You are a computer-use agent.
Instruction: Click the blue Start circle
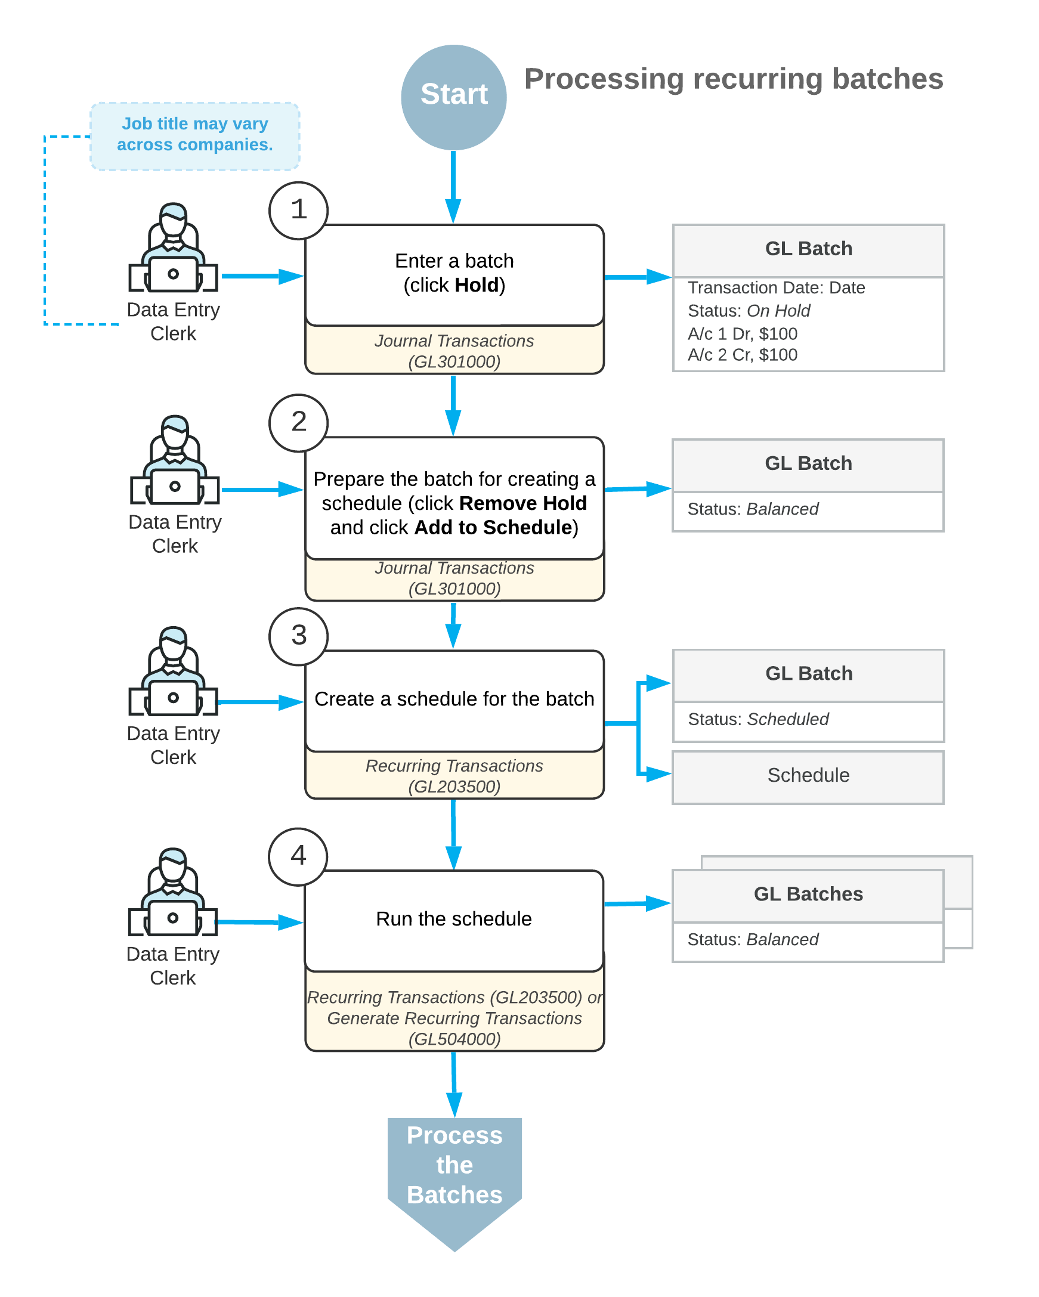(x=454, y=97)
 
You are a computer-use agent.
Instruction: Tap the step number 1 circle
(x=298, y=211)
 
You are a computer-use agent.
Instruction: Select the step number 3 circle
(x=298, y=636)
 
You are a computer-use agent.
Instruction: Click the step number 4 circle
(x=298, y=857)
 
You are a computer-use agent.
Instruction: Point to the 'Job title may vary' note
(x=195, y=136)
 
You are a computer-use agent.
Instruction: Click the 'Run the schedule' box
(x=454, y=920)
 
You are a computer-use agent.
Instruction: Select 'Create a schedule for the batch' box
(x=454, y=701)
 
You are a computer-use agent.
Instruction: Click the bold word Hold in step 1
(x=477, y=284)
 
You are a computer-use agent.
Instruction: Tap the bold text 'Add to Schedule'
(x=493, y=527)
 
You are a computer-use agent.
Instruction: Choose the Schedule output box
(x=808, y=777)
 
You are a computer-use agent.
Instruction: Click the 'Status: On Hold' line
(x=749, y=311)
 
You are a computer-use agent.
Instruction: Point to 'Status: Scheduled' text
(x=758, y=719)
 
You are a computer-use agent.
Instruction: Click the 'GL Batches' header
(x=808, y=894)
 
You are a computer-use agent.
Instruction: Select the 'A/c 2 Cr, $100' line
(x=743, y=354)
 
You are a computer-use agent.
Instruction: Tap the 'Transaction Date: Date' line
(x=776, y=287)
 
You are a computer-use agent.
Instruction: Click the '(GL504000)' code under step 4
(x=454, y=1039)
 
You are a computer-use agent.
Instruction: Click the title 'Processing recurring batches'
(x=734, y=79)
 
